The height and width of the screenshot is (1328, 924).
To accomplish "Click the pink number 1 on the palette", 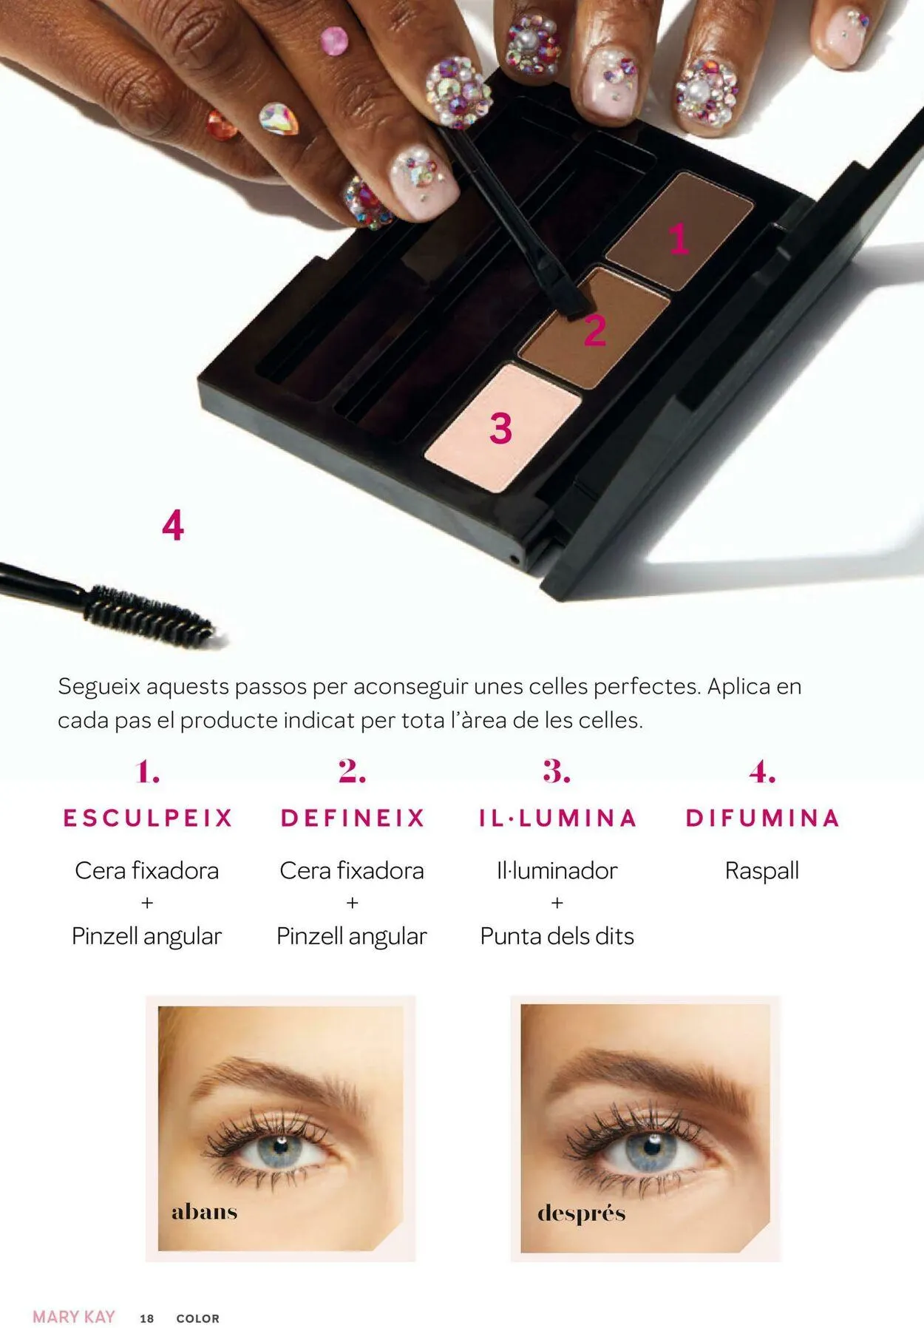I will point(679,240).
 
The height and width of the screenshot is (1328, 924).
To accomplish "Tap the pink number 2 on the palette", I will point(595,331).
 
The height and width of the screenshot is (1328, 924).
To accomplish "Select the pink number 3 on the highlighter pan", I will point(500,428).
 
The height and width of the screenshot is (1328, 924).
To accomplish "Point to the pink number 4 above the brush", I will point(173,526).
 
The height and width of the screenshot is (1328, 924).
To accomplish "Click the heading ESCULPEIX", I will point(148,818).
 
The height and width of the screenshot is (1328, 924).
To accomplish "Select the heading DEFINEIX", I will point(353,818).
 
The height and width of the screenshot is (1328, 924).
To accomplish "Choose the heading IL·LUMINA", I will point(557,818).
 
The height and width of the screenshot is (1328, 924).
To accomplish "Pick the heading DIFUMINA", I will point(762,818).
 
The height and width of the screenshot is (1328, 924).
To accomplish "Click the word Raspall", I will point(762,870).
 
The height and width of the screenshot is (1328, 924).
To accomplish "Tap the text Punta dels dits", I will point(557,936).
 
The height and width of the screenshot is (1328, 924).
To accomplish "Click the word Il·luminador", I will point(557,870).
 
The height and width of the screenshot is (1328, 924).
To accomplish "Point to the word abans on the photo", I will point(204,1212).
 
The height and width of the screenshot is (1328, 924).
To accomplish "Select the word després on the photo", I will point(581,1213).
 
